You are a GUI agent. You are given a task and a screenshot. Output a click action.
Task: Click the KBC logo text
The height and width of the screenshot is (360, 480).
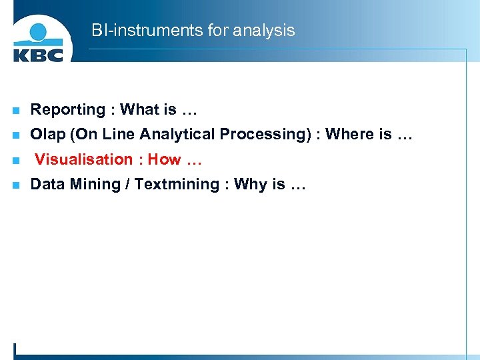[38, 53]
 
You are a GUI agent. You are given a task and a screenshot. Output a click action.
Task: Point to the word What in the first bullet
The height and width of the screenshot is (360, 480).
[139, 109]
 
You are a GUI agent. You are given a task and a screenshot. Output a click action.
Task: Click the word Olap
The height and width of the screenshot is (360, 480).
[48, 135]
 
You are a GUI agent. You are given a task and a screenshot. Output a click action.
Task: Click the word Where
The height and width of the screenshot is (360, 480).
[349, 135]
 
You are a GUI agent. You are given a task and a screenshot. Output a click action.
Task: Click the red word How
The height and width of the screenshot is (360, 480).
[164, 159]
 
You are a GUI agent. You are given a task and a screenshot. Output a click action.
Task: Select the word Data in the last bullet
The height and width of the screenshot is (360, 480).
[46, 185]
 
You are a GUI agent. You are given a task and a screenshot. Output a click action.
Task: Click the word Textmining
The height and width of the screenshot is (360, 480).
[176, 185]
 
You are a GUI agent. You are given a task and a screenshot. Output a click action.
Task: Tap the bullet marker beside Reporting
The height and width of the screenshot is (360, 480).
[16, 111]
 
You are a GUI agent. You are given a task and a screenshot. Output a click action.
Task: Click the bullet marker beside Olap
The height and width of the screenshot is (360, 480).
[16, 135]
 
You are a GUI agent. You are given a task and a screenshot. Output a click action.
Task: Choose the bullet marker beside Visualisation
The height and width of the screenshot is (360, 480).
[16, 161]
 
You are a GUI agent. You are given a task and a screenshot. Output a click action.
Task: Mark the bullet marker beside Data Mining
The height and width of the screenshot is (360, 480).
[16, 185]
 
